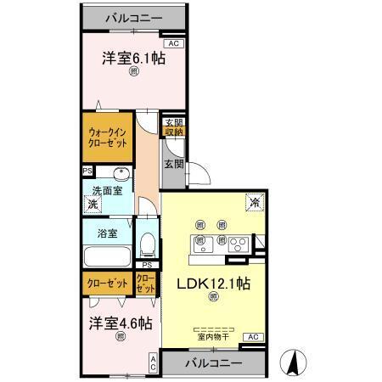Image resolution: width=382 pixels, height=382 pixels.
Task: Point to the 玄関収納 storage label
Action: pos(174,126)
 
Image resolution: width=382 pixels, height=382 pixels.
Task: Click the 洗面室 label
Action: pos(107,190)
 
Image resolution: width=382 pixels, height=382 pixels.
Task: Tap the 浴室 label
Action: pos(107,233)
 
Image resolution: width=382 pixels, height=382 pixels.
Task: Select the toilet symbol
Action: pos(147,244)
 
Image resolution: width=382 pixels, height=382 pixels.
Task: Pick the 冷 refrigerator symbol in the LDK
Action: pos(253,202)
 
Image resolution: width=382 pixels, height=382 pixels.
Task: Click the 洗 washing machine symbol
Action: pos(91,205)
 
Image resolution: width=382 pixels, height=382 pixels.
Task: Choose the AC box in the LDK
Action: pos(253,337)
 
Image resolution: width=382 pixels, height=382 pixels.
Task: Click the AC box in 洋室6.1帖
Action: pos(173,42)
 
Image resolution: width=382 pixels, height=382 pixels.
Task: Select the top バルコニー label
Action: pos(133,17)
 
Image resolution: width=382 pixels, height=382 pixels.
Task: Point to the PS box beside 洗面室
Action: pos(87,171)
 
